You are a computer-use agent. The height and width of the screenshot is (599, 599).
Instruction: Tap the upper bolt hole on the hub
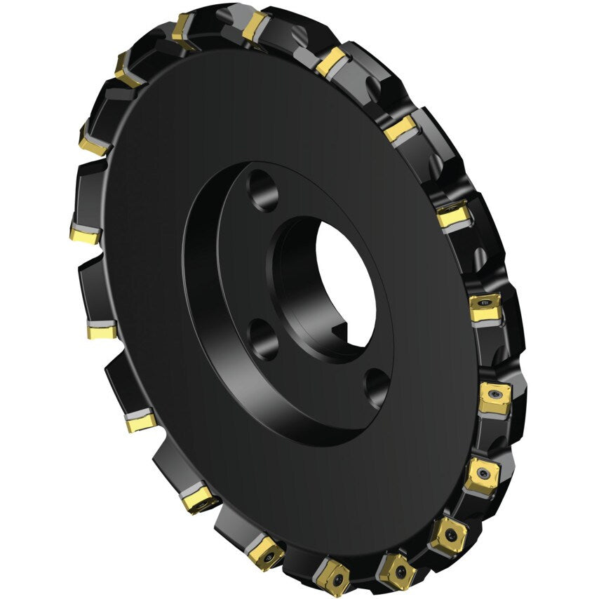[x=262, y=189]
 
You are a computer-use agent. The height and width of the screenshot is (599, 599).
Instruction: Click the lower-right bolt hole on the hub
[x=377, y=385]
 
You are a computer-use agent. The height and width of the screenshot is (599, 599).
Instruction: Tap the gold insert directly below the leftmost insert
[x=102, y=330]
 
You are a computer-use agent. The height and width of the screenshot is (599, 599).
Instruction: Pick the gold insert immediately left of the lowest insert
[x=266, y=551]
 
